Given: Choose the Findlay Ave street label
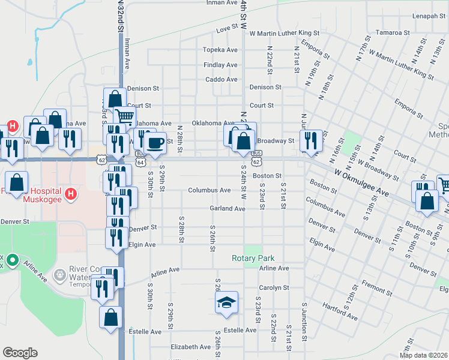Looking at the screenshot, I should coord(220,65).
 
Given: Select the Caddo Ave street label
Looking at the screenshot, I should coord(221,79).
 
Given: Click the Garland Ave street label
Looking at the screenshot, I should coord(228,209).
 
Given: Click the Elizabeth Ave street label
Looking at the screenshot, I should coord(190,347).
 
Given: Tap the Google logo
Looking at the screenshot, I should coord(20,353).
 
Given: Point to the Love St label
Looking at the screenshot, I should coord(227,29).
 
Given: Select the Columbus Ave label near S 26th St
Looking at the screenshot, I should coord(209,190).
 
